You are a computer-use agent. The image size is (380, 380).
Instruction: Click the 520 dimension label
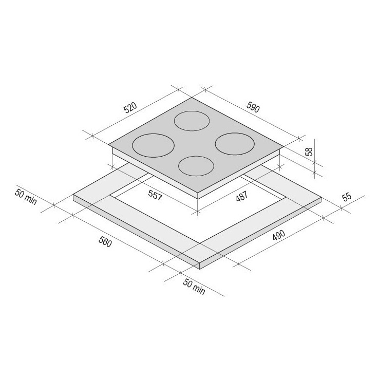130,108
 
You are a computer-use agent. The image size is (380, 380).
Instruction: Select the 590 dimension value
253,107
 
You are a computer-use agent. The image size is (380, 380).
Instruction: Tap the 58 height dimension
309,151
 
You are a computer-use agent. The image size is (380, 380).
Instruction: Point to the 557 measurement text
155,195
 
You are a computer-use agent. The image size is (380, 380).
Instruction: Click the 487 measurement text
242,196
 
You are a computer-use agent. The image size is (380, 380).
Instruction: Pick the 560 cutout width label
105,242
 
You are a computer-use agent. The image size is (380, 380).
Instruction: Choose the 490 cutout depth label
279,235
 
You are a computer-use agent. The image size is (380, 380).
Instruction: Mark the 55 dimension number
347,197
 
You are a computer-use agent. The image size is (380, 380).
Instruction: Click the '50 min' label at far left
26,196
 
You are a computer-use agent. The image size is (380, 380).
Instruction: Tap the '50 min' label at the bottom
194,287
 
